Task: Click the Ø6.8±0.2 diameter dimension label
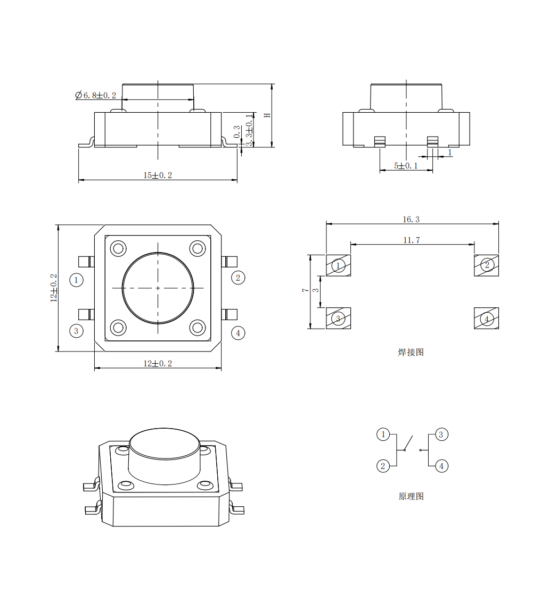coord(96,95)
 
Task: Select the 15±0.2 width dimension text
coord(158,176)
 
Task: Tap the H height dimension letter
coord(267,115)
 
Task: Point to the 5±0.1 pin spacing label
coord(406,166)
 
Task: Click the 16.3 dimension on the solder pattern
coord(411,220)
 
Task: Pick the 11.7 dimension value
coord(412,240)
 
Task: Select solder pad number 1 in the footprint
coord(338,265)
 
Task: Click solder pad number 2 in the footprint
coord(487,265)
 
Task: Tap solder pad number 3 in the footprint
coord(338,318)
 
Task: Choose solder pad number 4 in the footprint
coord(487,318)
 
